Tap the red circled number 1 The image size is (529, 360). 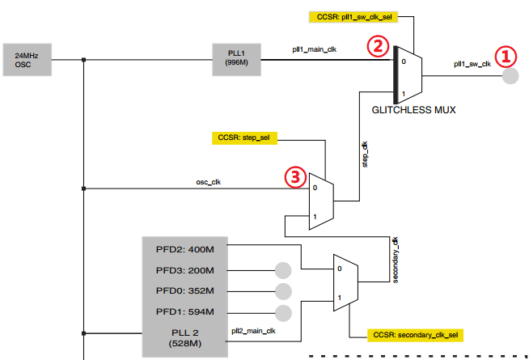[x=506, y=55]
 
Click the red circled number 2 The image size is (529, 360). [x=376, y=46]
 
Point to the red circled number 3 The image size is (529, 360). [x=295, y=176]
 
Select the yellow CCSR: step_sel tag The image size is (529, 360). [x=244, y=138]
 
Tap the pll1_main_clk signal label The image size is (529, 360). [x=315, y=49]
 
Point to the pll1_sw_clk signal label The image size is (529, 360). [x=472, y=65]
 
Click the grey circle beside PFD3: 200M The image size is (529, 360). [x=283, y=270]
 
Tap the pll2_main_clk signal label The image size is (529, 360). [x=253, y=330]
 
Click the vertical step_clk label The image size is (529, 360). [x=365, y=155]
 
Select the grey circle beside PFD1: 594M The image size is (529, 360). [x=283, y=312]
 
